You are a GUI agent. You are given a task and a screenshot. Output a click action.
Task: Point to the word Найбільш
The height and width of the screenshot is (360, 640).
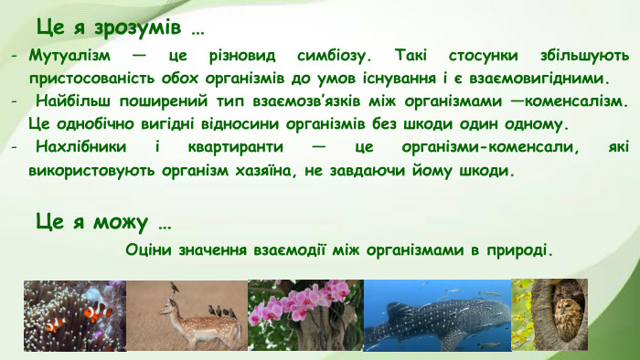tap(75, 101)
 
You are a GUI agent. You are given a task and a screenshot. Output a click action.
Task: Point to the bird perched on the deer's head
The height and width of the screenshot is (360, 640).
tap(173, 291)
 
